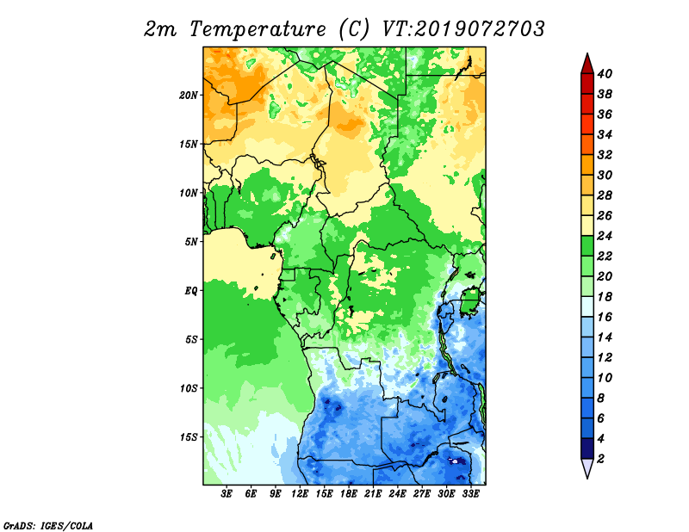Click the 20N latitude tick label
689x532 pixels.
click(x=189, y=96)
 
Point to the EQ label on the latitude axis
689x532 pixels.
click(x=191, y=291)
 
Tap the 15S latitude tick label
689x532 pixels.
click(x=189, y=437)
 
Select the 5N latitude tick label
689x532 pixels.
click(x=191, y=242)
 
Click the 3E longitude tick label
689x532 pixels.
click(x=227, y=494)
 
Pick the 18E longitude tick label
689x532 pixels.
click(x=349, y=494)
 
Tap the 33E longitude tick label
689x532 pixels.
click(x=470, y=494)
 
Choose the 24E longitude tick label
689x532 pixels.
click(x=397, y=494)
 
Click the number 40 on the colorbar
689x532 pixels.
click(x=605, y=74)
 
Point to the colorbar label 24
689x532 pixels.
click(x=605, y=236)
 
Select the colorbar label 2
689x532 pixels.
click(x=600, y=459)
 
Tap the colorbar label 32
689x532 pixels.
click(x=605, y=155)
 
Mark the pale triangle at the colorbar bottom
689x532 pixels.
click(x=587, y=467)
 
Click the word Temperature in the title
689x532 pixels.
click(x=258, y=29)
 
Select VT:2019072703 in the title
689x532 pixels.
click(x=463, y=29)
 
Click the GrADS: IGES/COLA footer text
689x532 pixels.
click(x=48, y=525)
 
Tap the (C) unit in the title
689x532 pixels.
click(x=354, y=29)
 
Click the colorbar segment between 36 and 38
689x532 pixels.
click(x=587, y=104)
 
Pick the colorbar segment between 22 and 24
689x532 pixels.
click(x=587, y=246)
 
